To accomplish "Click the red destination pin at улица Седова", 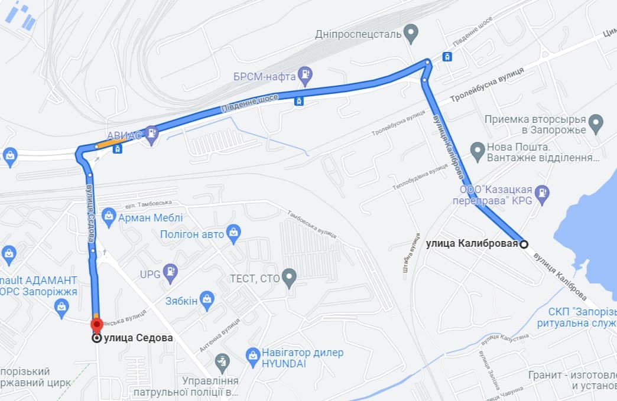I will pyautogui.click(x=96, y=324).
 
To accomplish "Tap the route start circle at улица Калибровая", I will pyautogui.click(x=524, y=243).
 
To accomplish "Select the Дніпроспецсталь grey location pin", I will pyautogui.click(x=411, y=32).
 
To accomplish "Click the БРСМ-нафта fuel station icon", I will pyautogui.click(x=305, y=74).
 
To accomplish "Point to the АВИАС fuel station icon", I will pyautogui.click(x=152, y=134).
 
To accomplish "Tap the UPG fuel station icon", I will pyautogui.click(x=170, y=272).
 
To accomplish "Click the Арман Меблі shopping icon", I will pyautogui.click(x=108, y=217).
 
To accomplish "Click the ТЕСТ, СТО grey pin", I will pyautogui.click(x=289, y=277).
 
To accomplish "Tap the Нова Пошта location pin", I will pyautogui.click(x=478, y=151).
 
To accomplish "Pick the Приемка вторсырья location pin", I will pyautogui.click(x=596, y=123).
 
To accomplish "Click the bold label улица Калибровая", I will pyautogui.click(x=472, y=243).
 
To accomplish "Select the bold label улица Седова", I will pyautogui.click(x=138, y=338).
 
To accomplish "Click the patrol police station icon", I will pyautogui.click(x=222, y=361).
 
